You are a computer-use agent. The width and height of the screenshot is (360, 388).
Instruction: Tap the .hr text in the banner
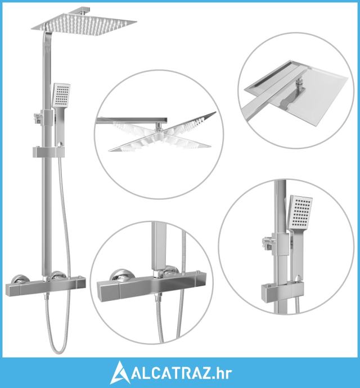[222, 373]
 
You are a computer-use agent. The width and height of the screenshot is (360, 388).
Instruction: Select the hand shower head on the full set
[61, 96]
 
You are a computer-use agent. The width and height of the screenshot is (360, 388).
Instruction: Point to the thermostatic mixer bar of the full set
[46, 287]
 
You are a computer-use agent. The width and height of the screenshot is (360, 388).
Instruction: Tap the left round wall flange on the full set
[21, 278]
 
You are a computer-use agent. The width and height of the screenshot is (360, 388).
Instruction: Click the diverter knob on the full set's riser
[38, 117]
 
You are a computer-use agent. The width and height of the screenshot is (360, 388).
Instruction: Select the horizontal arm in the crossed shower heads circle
[132, 120]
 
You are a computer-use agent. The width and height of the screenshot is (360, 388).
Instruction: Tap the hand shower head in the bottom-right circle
[300, 213]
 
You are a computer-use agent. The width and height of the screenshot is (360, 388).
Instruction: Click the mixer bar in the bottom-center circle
[148, 287]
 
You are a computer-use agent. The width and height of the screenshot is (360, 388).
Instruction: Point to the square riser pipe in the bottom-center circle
[157, 246]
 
